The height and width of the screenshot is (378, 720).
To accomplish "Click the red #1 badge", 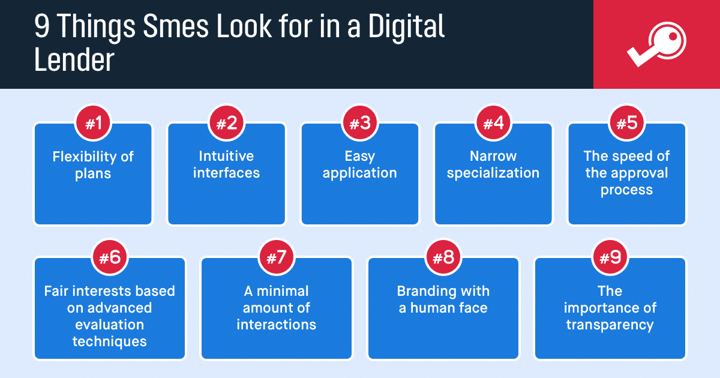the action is (93, 123).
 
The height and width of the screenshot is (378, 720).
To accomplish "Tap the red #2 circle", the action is (227, 123).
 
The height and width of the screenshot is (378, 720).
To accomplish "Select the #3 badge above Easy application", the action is (360, 123).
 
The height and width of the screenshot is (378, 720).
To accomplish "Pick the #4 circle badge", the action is (493, 123).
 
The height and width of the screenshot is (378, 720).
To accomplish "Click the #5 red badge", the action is (627, 123).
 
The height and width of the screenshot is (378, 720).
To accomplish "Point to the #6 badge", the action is (110, 257).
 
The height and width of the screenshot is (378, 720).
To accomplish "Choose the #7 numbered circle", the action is (277, 257).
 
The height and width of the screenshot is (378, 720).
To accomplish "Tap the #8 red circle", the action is (443, 257).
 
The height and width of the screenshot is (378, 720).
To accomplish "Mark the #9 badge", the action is (610, 257).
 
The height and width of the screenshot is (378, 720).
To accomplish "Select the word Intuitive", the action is (226, 156).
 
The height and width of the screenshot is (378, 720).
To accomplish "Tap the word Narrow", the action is (493, 156).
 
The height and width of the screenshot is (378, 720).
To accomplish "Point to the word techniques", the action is (110, 341).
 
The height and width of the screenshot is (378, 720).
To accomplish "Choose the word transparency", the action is (610, 325).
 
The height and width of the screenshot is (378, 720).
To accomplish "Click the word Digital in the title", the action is (406, 27).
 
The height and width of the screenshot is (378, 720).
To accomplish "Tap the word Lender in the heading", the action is (74, 60).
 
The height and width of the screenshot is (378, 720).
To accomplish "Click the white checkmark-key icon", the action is (656, 44).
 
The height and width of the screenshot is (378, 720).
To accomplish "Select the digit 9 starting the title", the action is (42, 26).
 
